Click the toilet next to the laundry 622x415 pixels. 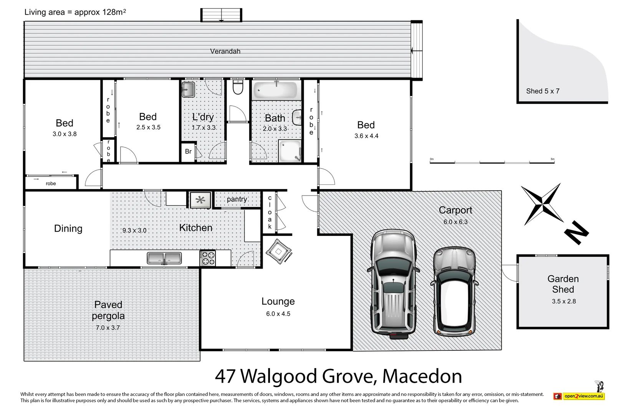238,88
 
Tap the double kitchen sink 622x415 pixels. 164,258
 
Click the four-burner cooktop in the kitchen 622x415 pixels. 208,258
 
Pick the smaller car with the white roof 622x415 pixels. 455,291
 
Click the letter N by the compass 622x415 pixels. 576,232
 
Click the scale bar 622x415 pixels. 492,162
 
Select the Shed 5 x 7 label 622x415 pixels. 543,91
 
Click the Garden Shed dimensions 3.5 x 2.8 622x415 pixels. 564,301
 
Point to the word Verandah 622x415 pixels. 225,51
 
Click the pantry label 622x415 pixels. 237,199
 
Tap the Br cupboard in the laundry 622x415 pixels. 188,151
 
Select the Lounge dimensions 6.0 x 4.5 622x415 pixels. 278,314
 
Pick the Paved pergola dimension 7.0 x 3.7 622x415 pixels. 108,328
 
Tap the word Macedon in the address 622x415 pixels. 422,377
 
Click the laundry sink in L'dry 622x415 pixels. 188,90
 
